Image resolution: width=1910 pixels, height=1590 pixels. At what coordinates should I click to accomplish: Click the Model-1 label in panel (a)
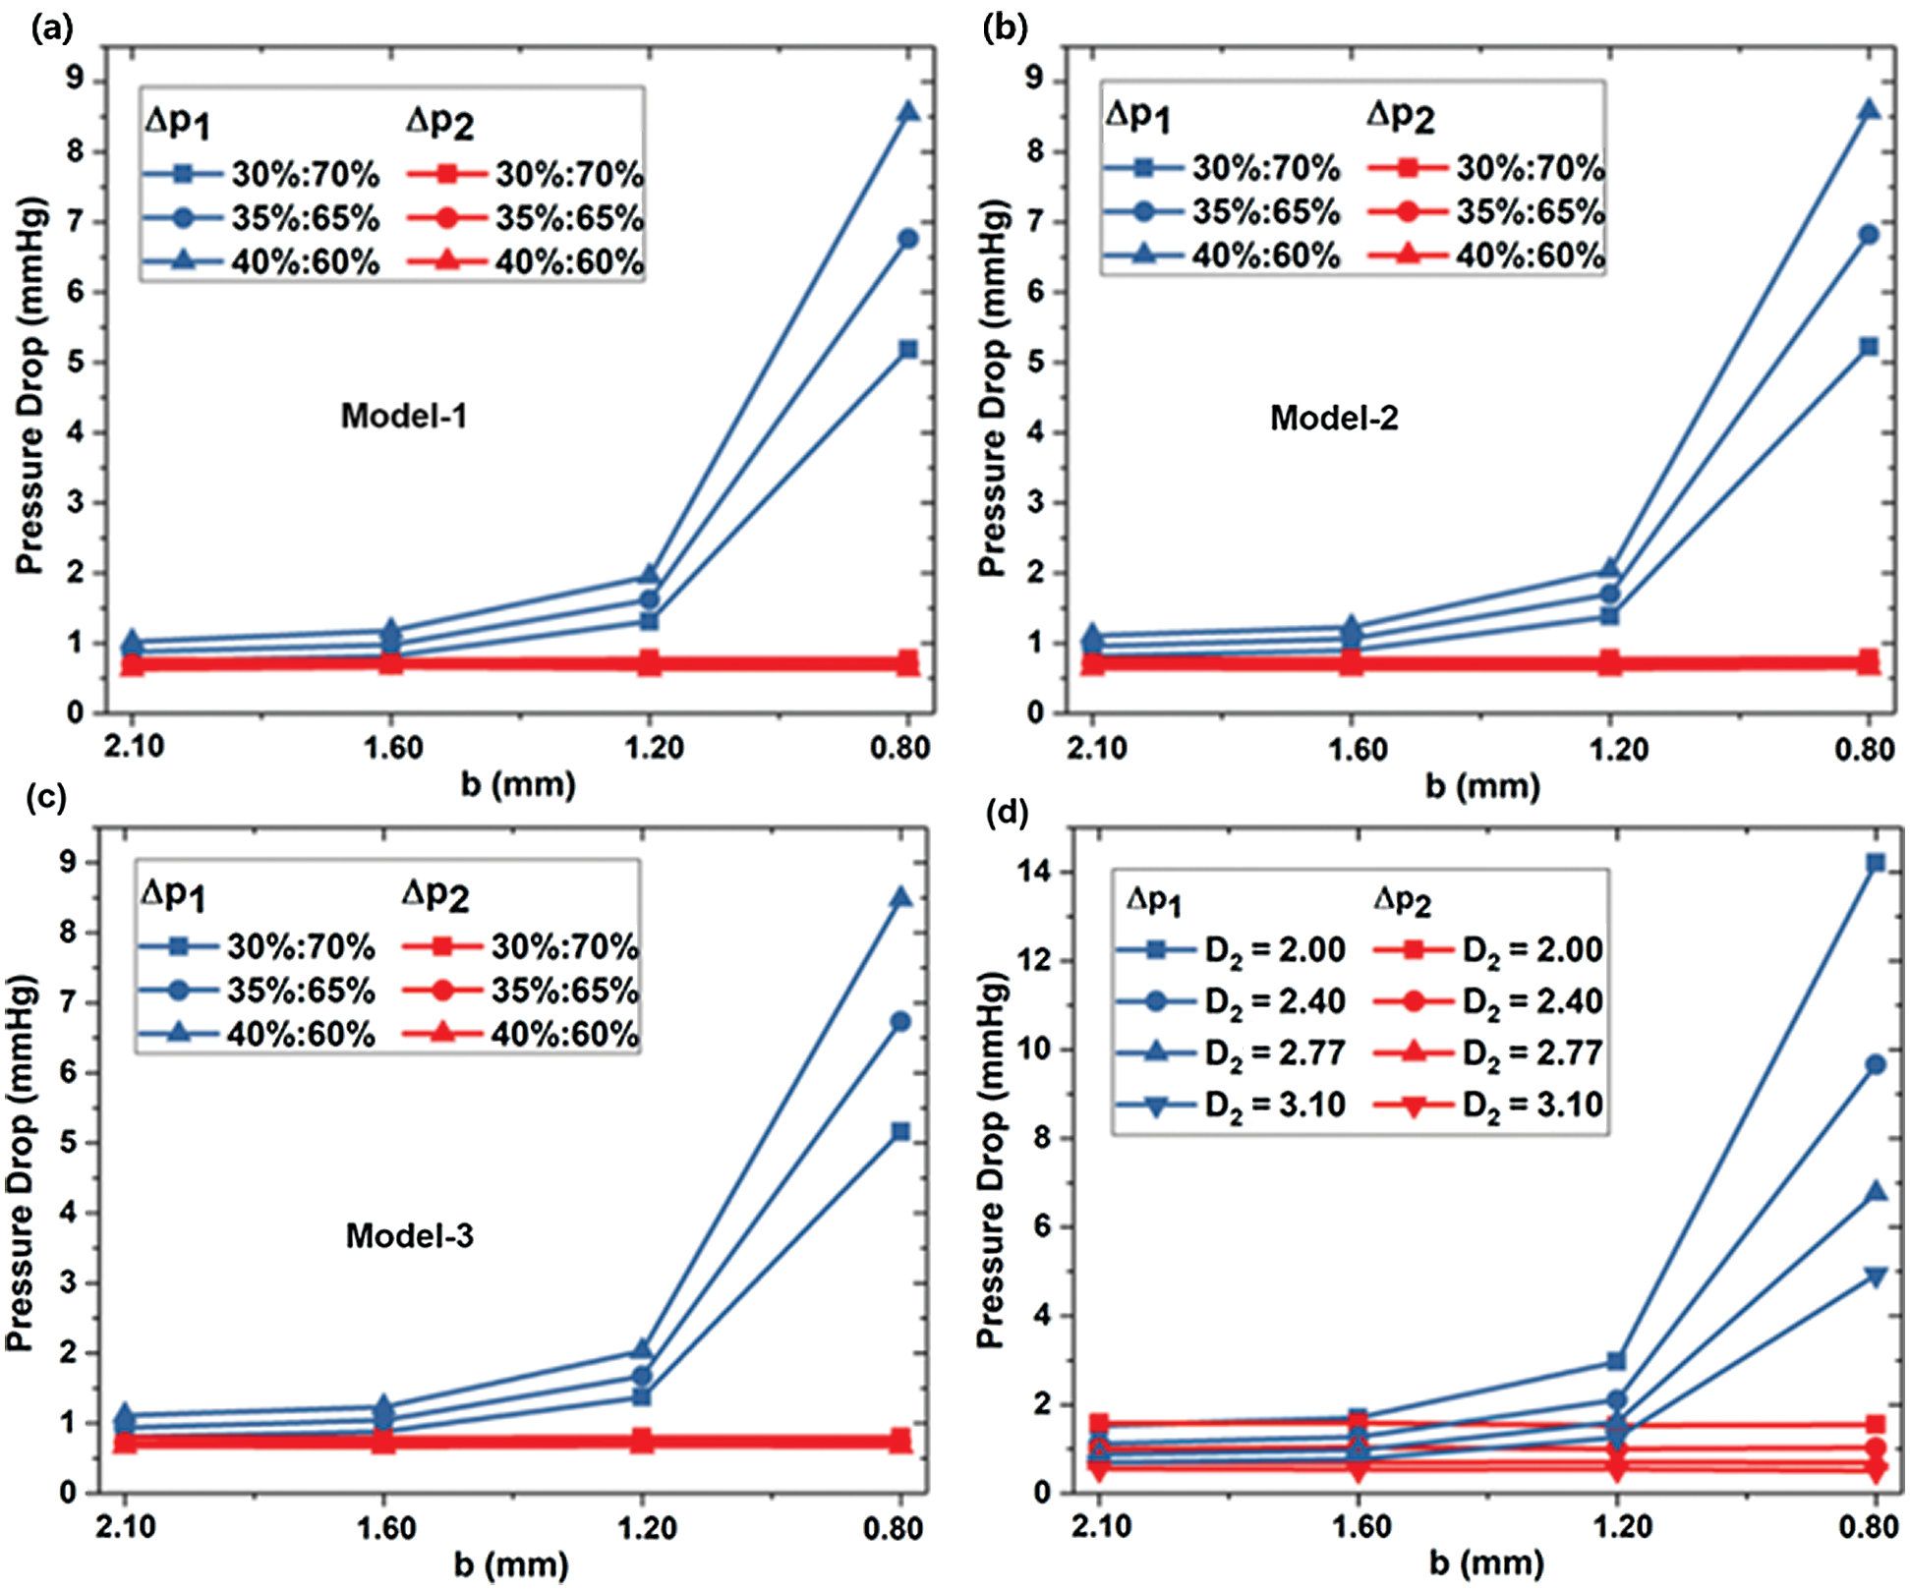point(404,417)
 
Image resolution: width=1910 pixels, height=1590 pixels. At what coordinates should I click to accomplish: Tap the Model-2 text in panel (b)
point(1333,419)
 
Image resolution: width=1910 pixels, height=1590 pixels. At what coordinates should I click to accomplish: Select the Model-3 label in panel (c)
point(409,1235)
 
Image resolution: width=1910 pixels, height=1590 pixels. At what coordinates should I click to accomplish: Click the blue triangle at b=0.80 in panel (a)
point(907,113)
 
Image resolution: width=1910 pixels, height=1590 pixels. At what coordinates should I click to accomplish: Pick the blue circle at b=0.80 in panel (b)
point(1869,235)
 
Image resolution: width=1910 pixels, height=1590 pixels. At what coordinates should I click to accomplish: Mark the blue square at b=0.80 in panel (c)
point(900,1132)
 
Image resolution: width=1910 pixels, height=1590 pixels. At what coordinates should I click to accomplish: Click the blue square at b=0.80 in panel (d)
point(1876,863)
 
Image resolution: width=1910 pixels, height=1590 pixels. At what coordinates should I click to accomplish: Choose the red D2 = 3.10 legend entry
point(1488,1106)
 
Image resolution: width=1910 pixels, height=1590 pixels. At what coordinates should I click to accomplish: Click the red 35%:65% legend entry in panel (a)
point(525,218)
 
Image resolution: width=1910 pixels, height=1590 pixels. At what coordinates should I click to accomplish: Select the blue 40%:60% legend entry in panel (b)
point(1221,256)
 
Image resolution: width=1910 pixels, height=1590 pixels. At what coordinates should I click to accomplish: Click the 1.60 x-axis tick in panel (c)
point(385,1528)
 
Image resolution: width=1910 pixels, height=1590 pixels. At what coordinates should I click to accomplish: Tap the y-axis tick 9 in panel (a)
point(75,80)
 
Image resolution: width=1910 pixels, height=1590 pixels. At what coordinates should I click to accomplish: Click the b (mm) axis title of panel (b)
point(1482,786)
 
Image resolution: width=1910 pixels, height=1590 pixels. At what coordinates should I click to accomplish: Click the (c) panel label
point(46,797)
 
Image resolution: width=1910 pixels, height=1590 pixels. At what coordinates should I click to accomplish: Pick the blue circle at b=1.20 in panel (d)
point(1616,1400)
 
